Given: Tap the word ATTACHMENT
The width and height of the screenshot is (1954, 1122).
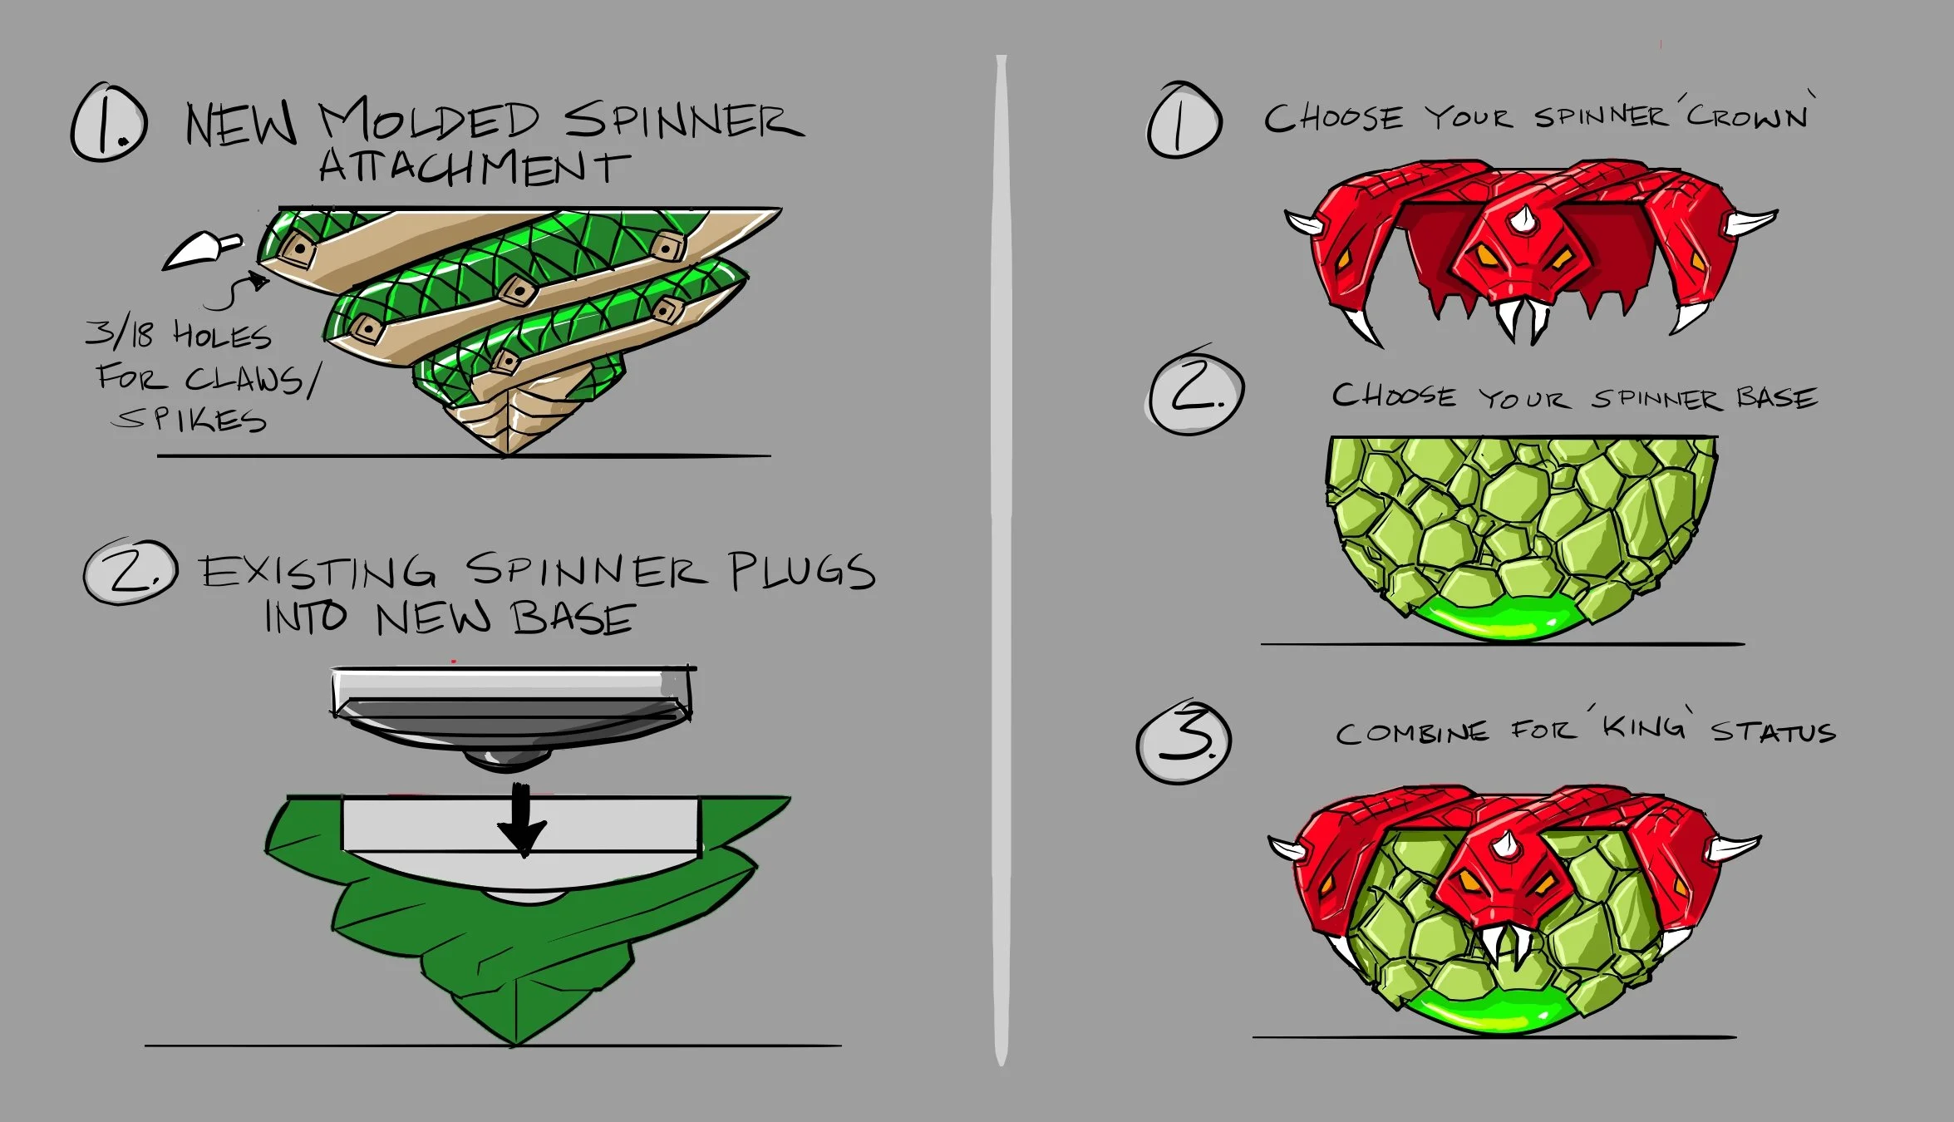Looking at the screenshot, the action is click(474, 167).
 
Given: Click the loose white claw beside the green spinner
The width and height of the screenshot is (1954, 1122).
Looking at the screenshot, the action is click(199, 249).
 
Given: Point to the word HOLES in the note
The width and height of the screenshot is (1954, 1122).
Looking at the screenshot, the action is click(222, 336).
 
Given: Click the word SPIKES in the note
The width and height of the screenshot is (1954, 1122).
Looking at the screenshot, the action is click(189, 419).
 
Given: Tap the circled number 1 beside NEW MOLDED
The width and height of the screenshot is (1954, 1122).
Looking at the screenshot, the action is click(109, 122).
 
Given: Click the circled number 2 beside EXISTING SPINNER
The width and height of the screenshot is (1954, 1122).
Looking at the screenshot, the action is click(130, 572).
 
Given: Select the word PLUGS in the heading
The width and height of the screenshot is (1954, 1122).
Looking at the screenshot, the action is click(802, 572).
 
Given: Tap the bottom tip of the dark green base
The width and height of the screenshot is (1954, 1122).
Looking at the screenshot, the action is click(515, 1039).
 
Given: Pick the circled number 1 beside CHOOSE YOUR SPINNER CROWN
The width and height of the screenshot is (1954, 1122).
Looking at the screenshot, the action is click(1184, 121).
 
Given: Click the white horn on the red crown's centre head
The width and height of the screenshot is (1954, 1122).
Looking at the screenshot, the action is click(1523, 219).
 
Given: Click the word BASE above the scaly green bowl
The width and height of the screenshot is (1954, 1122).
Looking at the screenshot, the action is click(1776, 398).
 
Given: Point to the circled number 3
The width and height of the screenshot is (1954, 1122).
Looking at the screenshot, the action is click(1184, 742).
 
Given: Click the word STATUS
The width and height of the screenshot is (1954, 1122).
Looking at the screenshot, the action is click(1773, 732).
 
